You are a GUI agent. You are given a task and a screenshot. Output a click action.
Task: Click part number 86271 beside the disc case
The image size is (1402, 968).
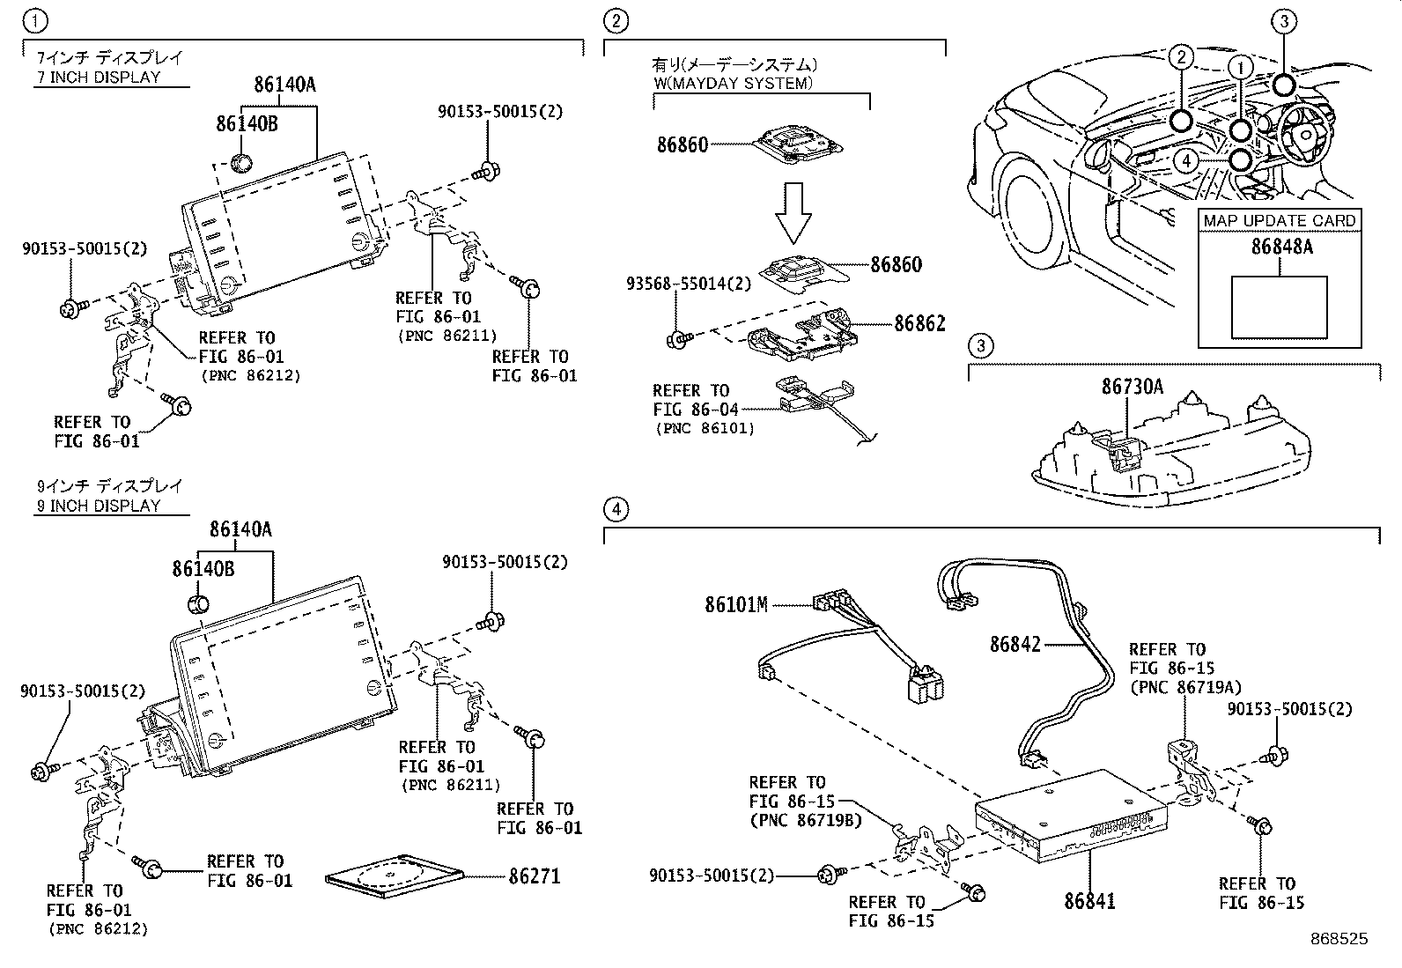[534, 876]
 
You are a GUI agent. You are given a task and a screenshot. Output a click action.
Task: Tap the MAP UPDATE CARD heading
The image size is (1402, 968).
[1280, 220]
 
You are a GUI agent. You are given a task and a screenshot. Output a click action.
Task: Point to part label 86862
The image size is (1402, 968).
[919, 323]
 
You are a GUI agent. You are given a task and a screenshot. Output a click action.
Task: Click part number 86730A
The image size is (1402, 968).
[1132, 386]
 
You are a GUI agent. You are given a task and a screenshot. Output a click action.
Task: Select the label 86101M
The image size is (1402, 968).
[736, 604]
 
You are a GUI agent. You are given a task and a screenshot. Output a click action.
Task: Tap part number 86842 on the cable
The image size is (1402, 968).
[1015, 644]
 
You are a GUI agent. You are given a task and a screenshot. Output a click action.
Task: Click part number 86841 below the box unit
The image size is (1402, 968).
[1089, 901]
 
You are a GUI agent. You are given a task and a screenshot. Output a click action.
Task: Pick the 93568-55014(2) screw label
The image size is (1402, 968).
[689, 284]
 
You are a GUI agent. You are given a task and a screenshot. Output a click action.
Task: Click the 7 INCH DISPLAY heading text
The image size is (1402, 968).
[99, 77]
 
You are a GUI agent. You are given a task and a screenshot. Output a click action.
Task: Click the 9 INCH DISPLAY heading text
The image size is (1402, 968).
[99, 506]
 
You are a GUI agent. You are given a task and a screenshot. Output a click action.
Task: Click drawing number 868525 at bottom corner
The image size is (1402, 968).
[1339, 939]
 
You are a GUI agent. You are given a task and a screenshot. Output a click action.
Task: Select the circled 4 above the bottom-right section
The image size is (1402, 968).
[616, 509]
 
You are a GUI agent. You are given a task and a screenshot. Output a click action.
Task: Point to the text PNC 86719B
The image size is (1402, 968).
[805, 821]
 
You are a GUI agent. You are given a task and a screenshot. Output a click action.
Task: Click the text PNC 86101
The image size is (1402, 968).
[705, 429]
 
